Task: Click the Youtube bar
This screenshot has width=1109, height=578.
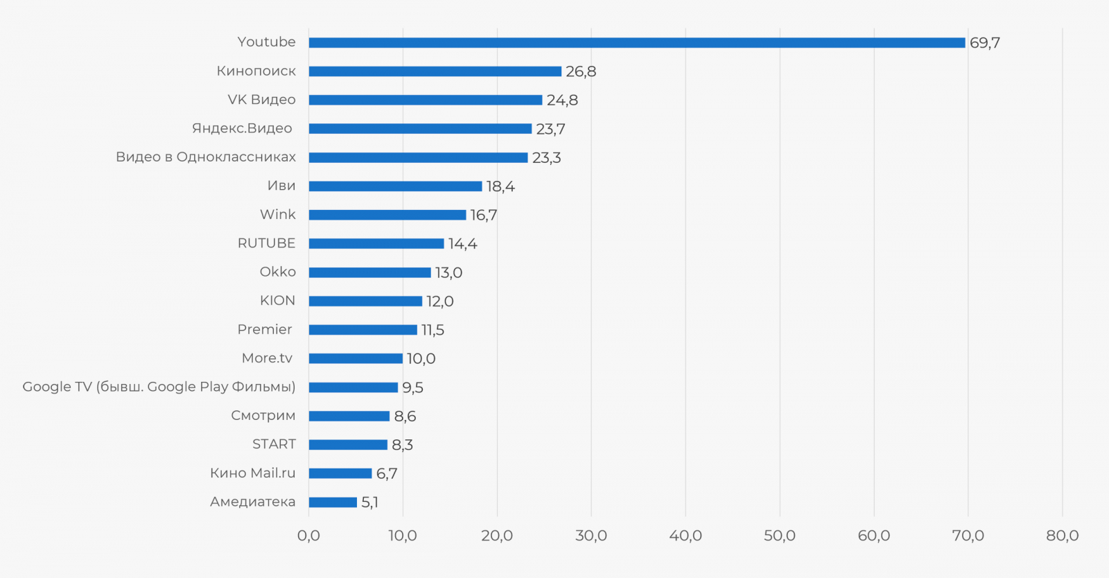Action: point(636,43)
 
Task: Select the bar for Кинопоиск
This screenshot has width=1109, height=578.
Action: point(435,71)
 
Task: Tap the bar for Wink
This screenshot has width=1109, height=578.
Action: point(387,215)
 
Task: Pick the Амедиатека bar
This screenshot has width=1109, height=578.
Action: point(333,502)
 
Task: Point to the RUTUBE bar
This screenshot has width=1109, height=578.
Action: point(376,244)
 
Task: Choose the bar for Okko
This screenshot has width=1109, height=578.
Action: point(369,272)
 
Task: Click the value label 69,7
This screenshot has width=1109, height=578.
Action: point(984,43)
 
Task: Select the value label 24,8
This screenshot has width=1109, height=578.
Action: point(562,100)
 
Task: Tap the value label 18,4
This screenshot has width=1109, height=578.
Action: point(500,186)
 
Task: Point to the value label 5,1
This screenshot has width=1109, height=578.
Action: point(369,502)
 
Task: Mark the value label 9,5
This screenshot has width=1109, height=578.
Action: point(412,387)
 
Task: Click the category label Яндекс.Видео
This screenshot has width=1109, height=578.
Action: point(242,128)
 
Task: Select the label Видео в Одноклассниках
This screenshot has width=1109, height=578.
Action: point(206,157)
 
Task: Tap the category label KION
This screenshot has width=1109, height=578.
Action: point(277,301)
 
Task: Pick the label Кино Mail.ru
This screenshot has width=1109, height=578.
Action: point(252,473)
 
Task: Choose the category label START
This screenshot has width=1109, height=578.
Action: point(274,444)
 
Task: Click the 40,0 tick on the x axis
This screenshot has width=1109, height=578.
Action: point(686,536)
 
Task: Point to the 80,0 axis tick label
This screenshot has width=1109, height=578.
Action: point(1062,536)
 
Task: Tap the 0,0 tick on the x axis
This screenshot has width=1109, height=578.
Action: point(308,536)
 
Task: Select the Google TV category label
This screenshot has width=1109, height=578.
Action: point(159,387)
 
